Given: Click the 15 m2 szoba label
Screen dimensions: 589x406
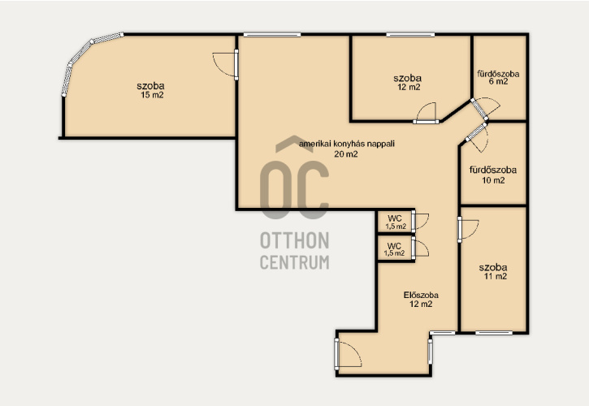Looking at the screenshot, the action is pyautogui.click(x=150, y=90).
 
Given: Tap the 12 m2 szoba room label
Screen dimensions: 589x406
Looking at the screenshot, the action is pyautogui.click(x=407, y=82).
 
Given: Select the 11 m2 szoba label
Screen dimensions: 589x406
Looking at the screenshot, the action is pyautogui.click(x=493, y=271).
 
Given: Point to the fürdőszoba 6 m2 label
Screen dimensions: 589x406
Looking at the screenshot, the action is pyautogui.click(x=498, y=77).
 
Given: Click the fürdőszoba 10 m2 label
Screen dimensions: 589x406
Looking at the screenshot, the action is pyautogui.click(x=493, y=175).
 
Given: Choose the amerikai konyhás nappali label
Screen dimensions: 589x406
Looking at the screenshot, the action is pyautogui.click(x=346, y=149).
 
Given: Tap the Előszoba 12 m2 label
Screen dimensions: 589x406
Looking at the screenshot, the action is pyautogui.click(x=421, y=300).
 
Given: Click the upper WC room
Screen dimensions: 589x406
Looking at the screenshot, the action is pyautogui.click(x=395, y=222).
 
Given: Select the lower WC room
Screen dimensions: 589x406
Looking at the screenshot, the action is pyautogui.click(x=394, y=249).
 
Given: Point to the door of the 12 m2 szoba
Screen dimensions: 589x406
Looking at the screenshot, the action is pyautogui.click(x=427, y=113).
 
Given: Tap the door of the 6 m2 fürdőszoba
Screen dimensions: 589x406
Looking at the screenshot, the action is pyautogui.click(x=484, y=107).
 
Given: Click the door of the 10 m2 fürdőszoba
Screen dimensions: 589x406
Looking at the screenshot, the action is pyautogui.click(x=478, y=136).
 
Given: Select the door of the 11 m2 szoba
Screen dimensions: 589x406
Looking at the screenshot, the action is pyautogui.click(x=467, y=229).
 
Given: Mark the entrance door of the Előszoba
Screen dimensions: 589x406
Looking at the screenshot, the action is pyautogui.click(x=347, y=353).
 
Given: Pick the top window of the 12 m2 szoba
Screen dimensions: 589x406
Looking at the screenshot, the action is pyautogui.click(x=410, y=35).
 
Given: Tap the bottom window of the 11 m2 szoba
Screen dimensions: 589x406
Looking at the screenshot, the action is pyautogui.click(x=494, y=333).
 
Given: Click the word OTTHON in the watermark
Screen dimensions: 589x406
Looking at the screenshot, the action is pyautogui.click(x=294, y=240).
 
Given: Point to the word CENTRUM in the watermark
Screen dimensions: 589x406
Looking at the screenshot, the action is pyautogui.click(x=294, y=262).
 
